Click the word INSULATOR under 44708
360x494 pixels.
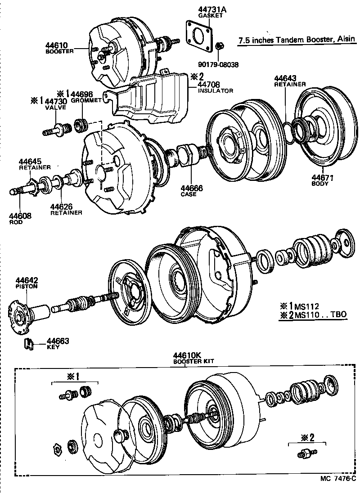pyautogui.click(x=215, y=90)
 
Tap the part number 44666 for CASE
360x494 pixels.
pyautogui.click(x=192, y=189)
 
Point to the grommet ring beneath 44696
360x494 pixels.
pyautogui.click(x=81, y=125)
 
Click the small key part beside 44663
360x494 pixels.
pyautogui.click(x=30, y=344)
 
